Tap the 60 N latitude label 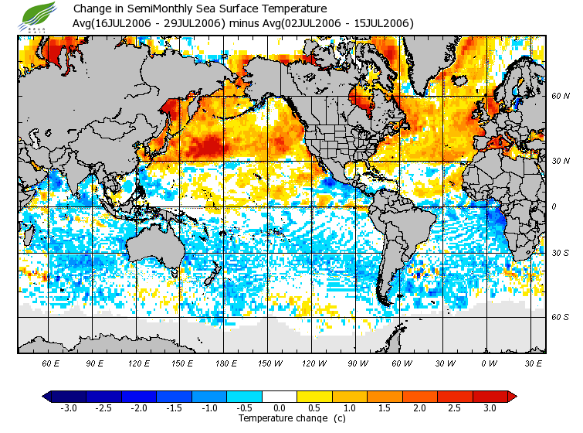560,97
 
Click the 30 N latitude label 560,161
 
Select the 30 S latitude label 560,253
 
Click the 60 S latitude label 560,317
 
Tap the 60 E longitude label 51,363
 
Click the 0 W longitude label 489,363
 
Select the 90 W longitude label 358,363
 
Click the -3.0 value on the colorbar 68,407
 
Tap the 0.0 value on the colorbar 279,407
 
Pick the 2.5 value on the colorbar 455,407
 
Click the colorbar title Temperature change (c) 280,418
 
